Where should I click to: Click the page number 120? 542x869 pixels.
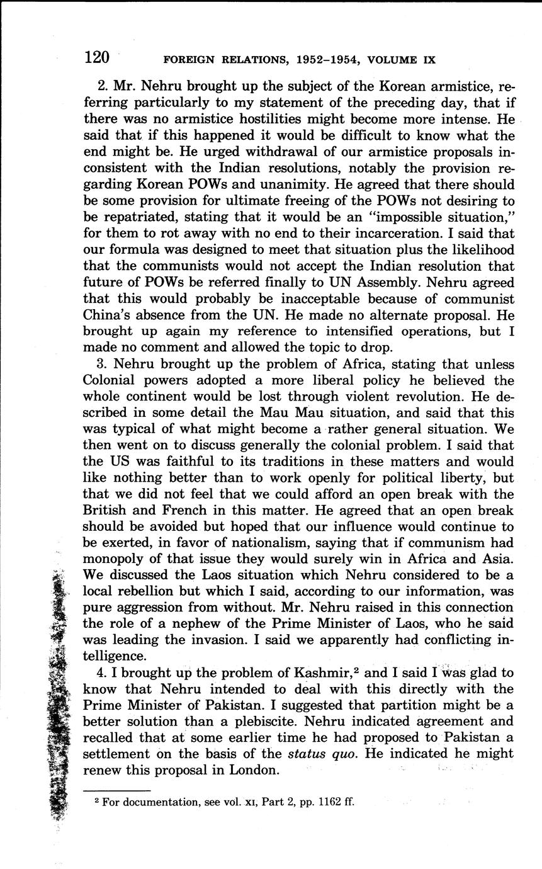coord(97,58)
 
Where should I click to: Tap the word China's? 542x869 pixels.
coord(107,315)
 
